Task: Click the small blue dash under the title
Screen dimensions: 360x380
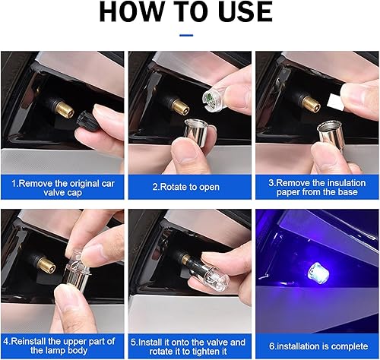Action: pyautogui.click(x=186, y=35)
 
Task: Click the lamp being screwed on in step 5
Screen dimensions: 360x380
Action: pyautogui.click(x=203, y=274)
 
